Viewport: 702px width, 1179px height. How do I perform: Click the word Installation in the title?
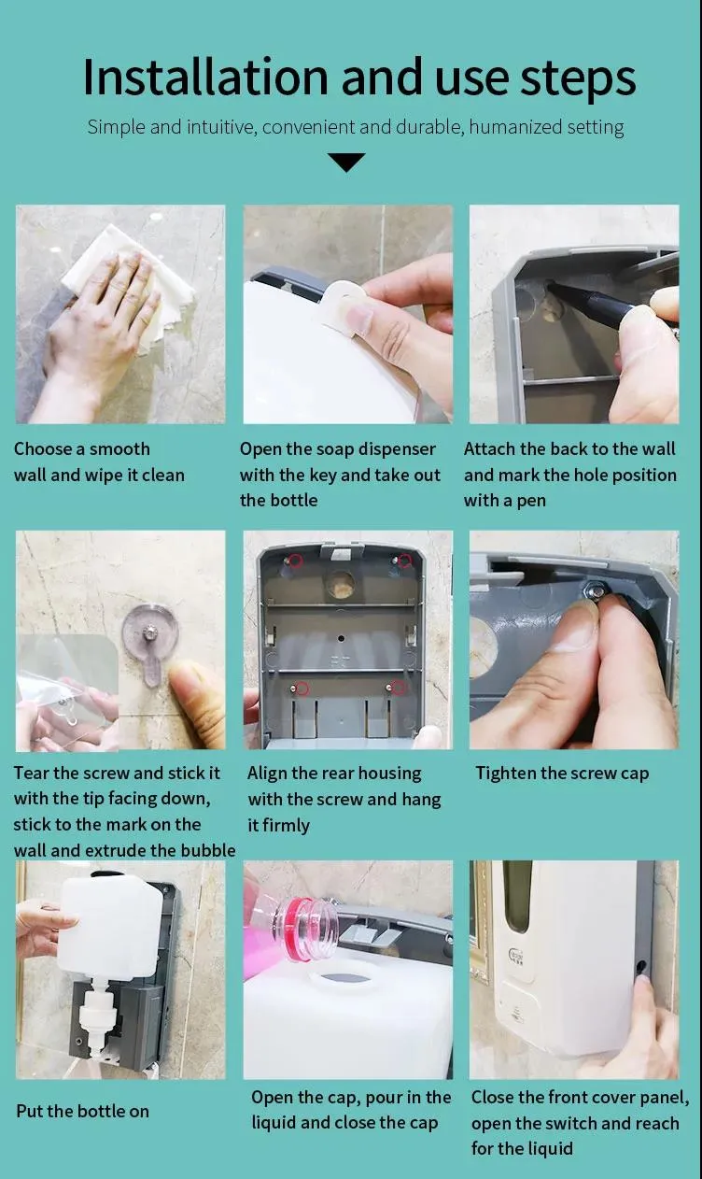pos(205,78)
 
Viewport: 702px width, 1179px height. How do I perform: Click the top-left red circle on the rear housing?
pos(296,561)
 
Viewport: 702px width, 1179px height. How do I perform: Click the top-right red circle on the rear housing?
pos(404,561)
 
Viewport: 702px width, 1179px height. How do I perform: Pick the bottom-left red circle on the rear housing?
pos(302,688)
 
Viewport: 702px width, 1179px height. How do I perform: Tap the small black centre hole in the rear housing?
pos(342,638)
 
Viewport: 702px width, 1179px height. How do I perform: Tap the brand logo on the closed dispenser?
pos(515,953)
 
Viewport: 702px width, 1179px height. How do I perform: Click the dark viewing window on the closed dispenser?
pos(517,896)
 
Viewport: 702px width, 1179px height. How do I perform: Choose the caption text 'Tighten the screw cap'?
pos(562,774)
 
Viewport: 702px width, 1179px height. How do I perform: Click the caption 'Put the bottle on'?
pos(82,1111)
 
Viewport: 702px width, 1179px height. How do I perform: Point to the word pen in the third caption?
pos(531,501)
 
